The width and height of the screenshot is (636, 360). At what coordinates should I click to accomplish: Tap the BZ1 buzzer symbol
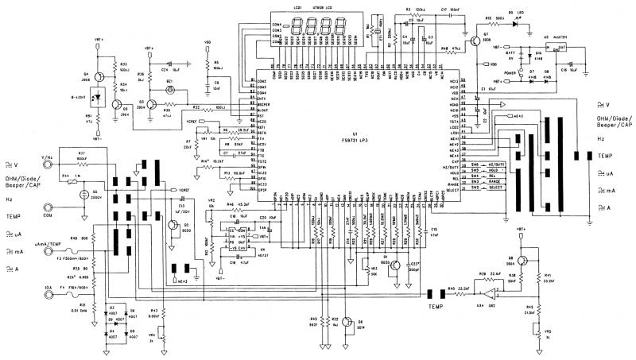click(x=169, y=91)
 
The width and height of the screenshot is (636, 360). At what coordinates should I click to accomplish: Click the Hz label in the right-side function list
click(x=603, y=137)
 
